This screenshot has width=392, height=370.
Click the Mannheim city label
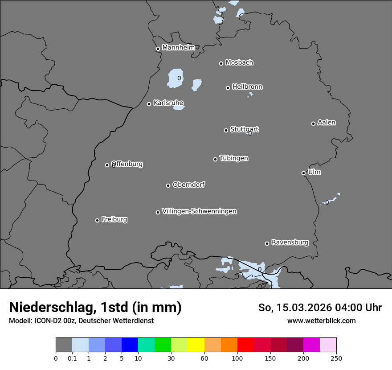pyautogui.click(x=178, y=47)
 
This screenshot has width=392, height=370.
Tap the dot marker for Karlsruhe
pyautogui.click(x=149, y=104)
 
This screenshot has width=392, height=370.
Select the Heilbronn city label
pyautogui.click(x=247, y=86)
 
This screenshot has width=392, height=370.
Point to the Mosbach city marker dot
pyautogui.click(x=221, y=63)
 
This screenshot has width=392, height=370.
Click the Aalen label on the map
pyautogui.click(x=327, y=122)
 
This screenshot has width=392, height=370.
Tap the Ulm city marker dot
pyautogui.click(x=303, y=173)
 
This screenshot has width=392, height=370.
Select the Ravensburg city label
pyautogui.click(x=290, y=243)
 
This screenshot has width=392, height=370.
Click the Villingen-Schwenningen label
pyautogui.click(x=199, y=211)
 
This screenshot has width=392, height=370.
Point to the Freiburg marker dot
pyautogui.click(x=97, y=220)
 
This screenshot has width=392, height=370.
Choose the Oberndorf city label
pyautogui.click(x=189, y=185)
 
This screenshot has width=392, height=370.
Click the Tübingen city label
pyautogui.click(x=234, y=158)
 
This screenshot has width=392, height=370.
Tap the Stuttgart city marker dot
pyautogui.click(x=226, y=130)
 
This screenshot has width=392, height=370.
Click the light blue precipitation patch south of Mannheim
pyautogui.click(x=175, y=78)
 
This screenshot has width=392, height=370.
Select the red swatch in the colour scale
pyautogui.click(x=245, y=345)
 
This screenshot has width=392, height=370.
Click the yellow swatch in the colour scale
pyautogui.click(x=196, y=345)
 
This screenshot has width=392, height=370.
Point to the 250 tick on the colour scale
pyautogui.click(x=336, y=358)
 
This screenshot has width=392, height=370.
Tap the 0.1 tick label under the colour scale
pyautogui.click(x=72, y=358)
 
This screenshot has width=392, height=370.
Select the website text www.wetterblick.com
pyautogui.click(x=321, y=321)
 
